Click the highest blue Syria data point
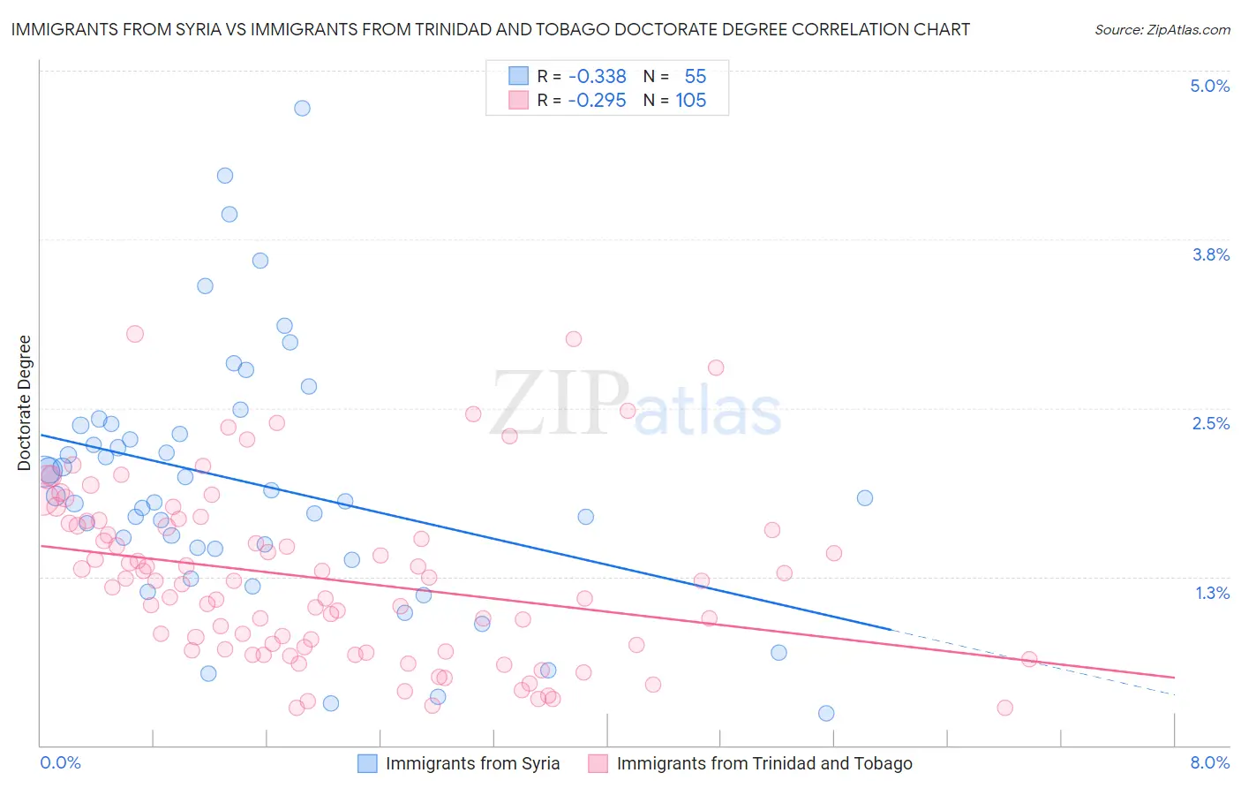[x=302, y=108]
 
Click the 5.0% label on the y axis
[x=1209, y=86]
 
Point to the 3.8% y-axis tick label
[x=1210, y=254]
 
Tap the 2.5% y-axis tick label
[x=1210, y=423]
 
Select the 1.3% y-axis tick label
[x=1212, y=593]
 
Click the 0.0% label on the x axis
[x=60, y=762]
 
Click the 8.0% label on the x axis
[x=1209, y=762]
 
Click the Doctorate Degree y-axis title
[x=24, y=403]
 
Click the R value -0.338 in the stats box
[x=597, y=77]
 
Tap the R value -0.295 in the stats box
[x=597, y=101]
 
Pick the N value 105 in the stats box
[x=691, y=101]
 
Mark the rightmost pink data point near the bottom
[x=1004, y=708]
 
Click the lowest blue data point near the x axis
[x=826, y=713]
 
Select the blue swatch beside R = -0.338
[x=518, y=76]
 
